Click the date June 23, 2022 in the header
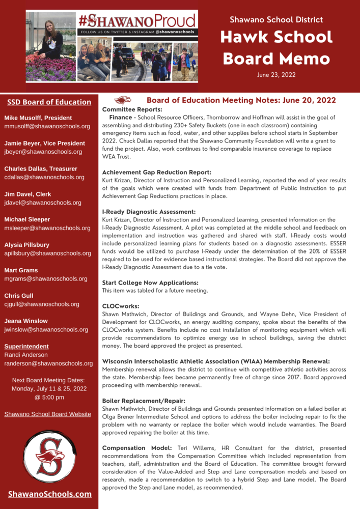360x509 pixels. click(276, 74)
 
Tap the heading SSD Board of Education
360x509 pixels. click(49, 102)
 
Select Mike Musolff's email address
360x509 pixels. click(47, 126)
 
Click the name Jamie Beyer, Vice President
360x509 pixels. click(45, 144)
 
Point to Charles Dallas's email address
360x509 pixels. click(44, 177)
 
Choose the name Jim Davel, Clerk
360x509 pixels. click(27, 194)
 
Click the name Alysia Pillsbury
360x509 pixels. click(27, 245)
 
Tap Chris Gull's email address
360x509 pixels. click(42, 304)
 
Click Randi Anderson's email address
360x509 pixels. click(48, 363)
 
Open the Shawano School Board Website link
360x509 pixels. click(48, 414)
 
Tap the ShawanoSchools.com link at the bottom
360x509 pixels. click(50, 494)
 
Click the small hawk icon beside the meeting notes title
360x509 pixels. click(123, 100)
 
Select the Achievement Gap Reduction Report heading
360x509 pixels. click(156, 173)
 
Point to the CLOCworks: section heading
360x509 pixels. click(121, 306)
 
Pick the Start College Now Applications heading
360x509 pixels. click(150, 282)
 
